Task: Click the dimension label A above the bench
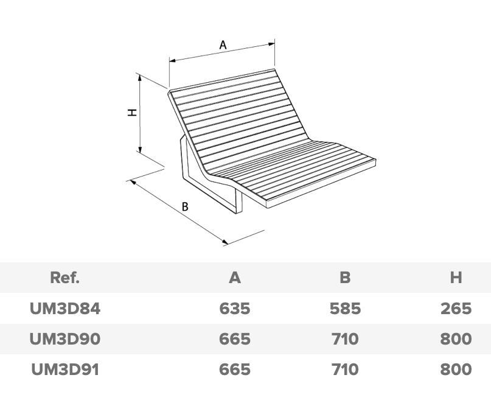pos(223,44)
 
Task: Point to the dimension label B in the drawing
pos(185,206)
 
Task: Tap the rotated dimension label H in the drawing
pos(131,112)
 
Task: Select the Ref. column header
pos(64,278)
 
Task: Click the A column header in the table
pos(235,278)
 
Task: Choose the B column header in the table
pos(345,278)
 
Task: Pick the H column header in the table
pos(456,278)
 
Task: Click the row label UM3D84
pos(64,309)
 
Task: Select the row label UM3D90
pos(64,339)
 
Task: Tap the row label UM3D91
pos(64,369)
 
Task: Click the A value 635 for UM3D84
pos(235,309)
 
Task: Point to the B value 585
pos(345,309)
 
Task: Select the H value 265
pos(456,309)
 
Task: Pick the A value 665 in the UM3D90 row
pos(235,339)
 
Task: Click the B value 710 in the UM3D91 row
pos(345,369)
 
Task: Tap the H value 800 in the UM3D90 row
pos(456,339)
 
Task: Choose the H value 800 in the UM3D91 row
pos(456,369)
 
